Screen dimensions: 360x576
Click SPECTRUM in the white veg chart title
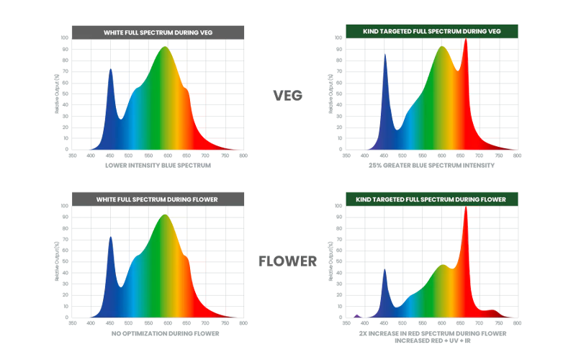click(x=158, y=32)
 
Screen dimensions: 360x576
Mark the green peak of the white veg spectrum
click(x=165, y=49)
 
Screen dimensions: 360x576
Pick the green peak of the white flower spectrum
click(x=165, y=217)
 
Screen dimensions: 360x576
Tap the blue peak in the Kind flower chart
click(x=387, y=272)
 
